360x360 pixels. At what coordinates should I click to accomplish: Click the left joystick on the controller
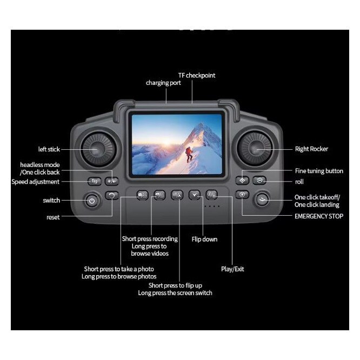98,150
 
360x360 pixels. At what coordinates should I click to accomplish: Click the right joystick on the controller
255,149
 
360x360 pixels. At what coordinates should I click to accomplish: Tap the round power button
92,201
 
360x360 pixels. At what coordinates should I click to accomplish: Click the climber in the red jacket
189,155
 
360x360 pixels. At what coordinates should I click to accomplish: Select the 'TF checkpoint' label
197,75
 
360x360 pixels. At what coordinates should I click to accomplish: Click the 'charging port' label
163,83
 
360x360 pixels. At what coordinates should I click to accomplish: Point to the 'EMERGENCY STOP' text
319,216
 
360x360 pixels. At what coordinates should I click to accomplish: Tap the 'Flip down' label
204,239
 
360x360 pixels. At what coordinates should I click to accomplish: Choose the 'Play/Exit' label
232,269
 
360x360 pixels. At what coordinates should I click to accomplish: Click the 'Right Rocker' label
311,149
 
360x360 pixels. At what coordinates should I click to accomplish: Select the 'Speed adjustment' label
35,182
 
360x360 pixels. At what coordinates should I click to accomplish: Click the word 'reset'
53,217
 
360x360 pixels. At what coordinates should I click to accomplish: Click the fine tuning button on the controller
242,181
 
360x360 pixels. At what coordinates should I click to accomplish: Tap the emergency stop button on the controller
242,195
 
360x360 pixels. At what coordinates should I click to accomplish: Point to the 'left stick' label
49,149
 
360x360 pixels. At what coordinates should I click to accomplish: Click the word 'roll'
299,182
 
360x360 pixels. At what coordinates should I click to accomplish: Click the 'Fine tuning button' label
319,171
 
